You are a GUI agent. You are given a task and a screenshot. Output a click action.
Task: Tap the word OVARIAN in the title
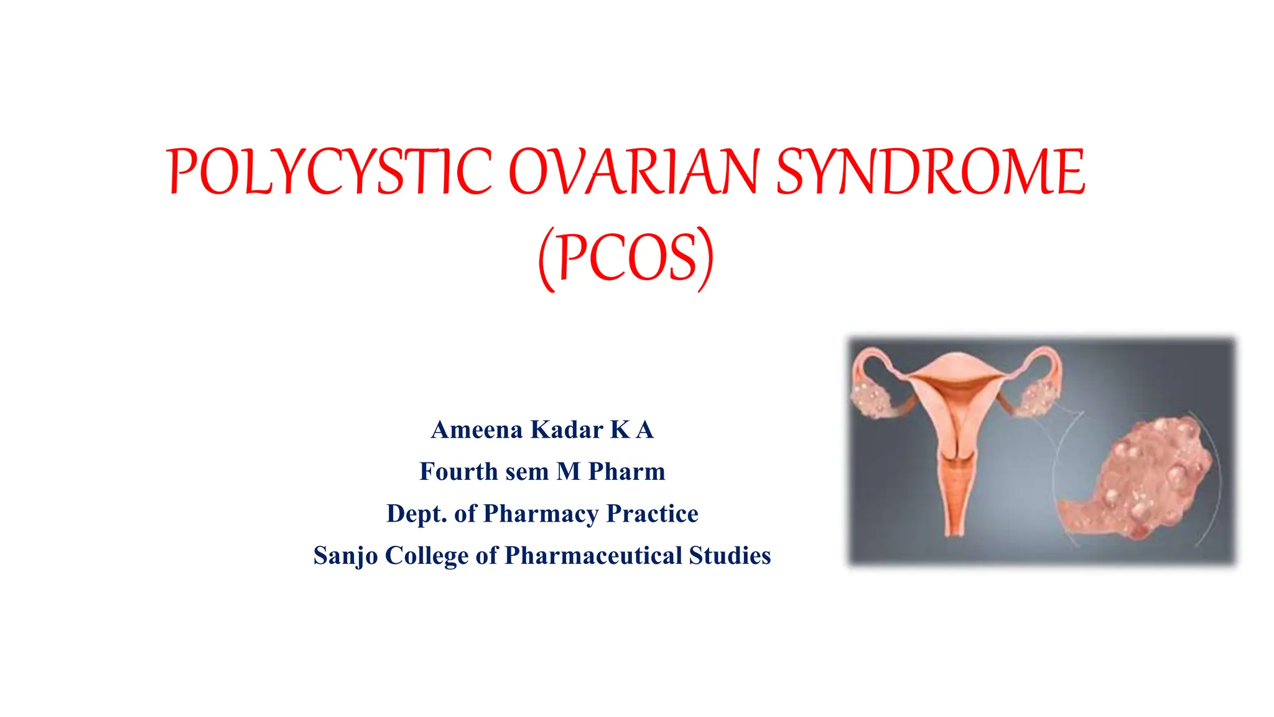tap(634, 172)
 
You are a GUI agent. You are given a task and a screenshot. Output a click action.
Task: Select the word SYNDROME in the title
tap(931, 172)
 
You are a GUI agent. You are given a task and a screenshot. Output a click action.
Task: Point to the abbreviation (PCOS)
tap(626, 258)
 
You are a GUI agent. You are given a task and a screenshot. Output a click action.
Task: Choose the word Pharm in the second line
tap(626, 472)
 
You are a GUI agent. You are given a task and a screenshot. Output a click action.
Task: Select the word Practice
tap(652, 514)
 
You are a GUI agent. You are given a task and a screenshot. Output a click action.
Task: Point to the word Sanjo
tap(345, 556)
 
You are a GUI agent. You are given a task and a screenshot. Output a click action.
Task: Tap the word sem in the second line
tap(527, 472)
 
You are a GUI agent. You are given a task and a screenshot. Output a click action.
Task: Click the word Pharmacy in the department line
tap(541, 514)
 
